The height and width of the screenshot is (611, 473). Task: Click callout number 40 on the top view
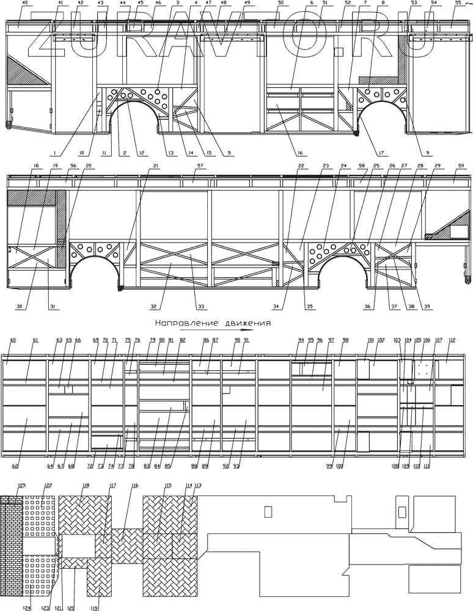point(24,3)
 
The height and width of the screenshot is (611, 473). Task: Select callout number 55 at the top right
point(458,3)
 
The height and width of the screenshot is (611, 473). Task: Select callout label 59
point(461,166)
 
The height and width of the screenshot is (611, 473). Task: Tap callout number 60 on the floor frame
point(13,340)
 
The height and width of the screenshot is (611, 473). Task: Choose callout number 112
point(452,340)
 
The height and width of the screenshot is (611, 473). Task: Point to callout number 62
point(15,467)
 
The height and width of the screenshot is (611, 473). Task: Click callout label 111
point(435,467)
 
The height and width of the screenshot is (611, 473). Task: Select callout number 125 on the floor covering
point(21,485)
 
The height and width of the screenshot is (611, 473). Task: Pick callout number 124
point(28,607)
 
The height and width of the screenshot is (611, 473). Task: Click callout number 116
point(134,485)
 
